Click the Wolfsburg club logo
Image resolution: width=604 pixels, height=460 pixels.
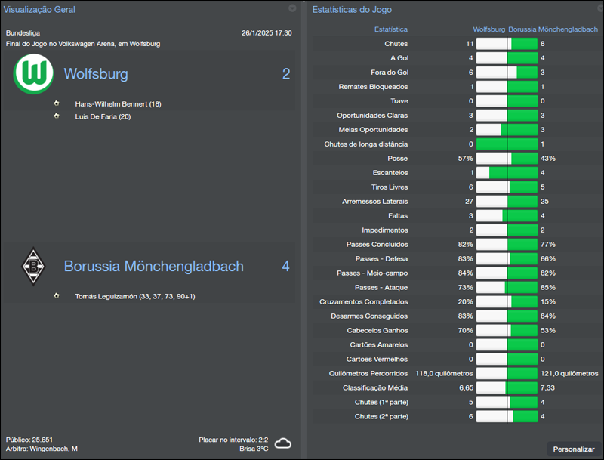tap(34, 74)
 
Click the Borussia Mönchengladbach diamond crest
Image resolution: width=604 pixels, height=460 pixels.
tap(33, 266)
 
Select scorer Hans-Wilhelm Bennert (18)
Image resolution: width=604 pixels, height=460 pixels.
tap(118, 103)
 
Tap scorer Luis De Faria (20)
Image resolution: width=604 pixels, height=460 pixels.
tap(103, 116)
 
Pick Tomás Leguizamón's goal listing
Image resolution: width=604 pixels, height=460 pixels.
tap(135, 296)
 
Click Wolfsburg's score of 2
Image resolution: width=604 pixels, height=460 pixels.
tap(286, 74)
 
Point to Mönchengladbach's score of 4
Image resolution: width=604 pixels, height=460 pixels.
tap(285, 267)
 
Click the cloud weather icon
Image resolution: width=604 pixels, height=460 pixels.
tap(283, 443)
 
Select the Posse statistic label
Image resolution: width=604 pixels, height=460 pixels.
tap(397, 159)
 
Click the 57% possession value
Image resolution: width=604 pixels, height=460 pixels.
tap(465, 159)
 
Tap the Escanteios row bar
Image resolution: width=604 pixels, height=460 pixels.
tap(507, 173)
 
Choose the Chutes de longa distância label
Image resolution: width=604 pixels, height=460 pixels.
tap(366, 144)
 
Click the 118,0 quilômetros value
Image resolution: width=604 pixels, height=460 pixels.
tap(444, 373)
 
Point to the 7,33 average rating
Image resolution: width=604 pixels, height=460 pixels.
tap(549, 387)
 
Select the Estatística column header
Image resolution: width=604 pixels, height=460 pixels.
tap(391, 29)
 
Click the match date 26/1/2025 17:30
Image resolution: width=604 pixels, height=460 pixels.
tap(267, 33)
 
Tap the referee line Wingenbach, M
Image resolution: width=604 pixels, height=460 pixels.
tap(42, 449)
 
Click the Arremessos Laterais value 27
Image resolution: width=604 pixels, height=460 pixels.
tap(469, 202)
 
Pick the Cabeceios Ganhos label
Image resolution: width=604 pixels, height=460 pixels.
tap(377, 330)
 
